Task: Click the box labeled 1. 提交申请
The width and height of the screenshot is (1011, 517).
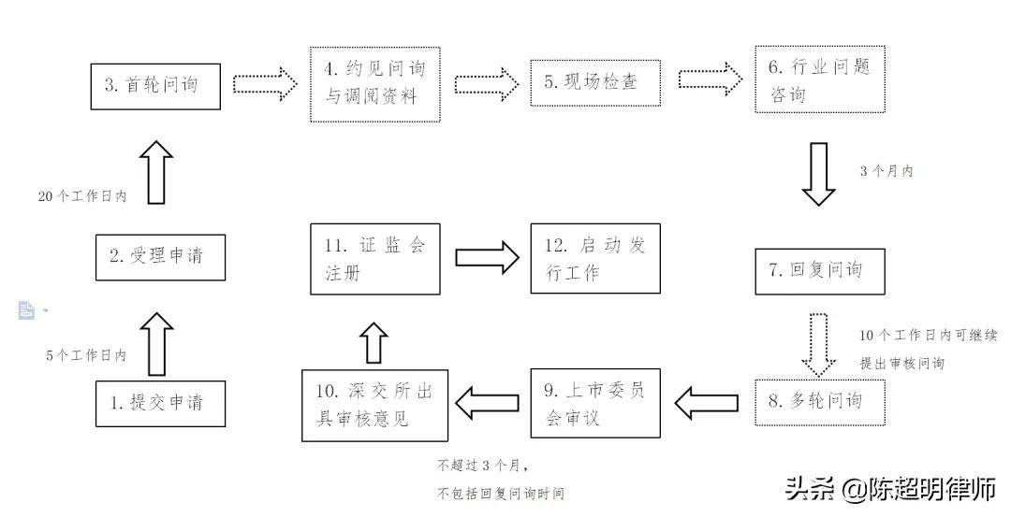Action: tap(160, 402)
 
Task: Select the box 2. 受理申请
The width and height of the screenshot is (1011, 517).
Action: tap(160, 256)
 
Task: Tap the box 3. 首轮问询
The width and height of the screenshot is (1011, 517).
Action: tap(156, 86)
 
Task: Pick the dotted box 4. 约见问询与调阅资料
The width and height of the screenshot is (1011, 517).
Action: tap(374, 84)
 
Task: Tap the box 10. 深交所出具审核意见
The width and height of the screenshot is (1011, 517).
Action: tap(374, 404)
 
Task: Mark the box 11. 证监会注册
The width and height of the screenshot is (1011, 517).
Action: tap(374, 259)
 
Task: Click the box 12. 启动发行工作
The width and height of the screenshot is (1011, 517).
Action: tap(594, 259)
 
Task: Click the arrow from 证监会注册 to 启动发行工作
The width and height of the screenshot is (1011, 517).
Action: tap(486, 257)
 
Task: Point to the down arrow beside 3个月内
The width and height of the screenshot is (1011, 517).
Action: tap(819, 174)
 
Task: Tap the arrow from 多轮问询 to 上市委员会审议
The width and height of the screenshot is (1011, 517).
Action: tap(706, 404)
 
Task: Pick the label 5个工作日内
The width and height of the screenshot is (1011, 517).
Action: tap(86, 356)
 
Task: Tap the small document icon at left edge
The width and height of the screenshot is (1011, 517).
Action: tap(26, 310)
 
